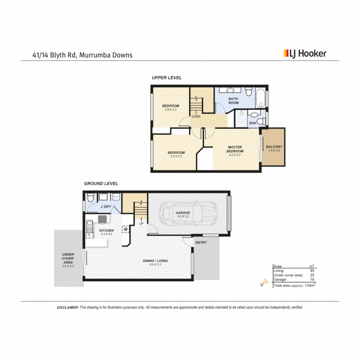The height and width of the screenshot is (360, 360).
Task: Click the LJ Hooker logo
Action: (305, 53)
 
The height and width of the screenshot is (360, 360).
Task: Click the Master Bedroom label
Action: (235, 149)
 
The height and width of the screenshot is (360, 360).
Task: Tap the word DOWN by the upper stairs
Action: (196, 117)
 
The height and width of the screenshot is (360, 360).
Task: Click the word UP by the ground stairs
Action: (141, 223)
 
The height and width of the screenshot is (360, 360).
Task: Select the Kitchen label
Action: (107, 230)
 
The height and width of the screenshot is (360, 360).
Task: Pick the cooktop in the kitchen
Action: (102, 219)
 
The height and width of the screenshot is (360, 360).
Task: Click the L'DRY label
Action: (106, 207)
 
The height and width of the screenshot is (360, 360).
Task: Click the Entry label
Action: (201, 242)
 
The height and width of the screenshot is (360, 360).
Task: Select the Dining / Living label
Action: (155, 261)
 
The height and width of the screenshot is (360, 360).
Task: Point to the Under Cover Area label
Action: (68, 258)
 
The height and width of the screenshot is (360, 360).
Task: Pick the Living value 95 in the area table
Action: (312, 271)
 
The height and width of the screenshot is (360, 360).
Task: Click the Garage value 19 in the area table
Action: (312, 280)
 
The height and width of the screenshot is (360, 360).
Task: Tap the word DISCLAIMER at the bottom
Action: (68, 307)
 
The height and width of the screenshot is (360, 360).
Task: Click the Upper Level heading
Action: (167, 78)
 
